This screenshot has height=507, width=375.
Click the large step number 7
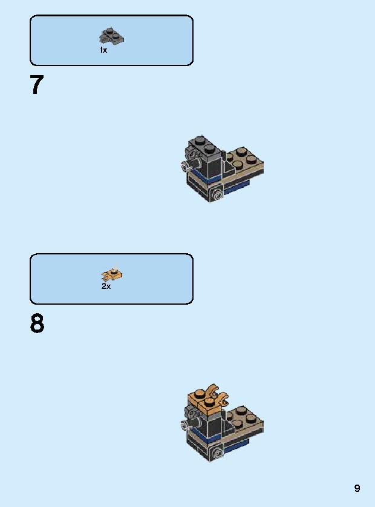(x=37, y=85)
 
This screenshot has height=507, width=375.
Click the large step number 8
(x=37, y=324)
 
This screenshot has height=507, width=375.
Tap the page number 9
(x=357, y=488)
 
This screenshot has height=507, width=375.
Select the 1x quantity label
(x=103, y=50)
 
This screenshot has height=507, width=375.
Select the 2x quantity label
(x=106, y=287)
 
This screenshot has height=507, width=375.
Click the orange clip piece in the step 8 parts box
(x=112, y=274)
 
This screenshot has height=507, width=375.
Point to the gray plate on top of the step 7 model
(x=201, y=147)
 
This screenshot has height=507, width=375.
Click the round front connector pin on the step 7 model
(x=217, y=194)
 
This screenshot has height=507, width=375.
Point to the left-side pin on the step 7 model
(x=186, y=165)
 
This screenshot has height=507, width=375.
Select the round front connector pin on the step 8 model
(x=217, y=452)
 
